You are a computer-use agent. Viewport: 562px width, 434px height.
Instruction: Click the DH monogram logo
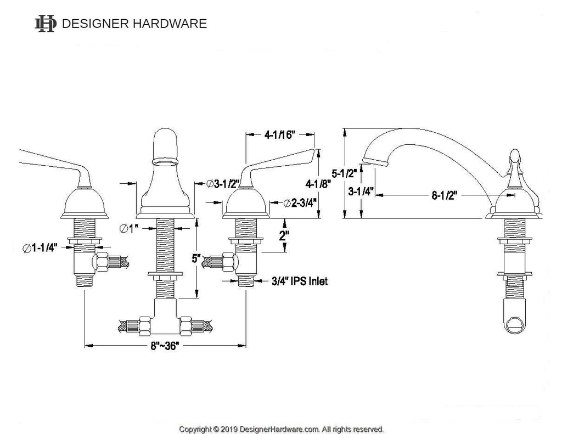[x=46, y=24]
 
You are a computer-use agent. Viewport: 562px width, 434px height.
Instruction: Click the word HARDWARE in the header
[x=170, y=24]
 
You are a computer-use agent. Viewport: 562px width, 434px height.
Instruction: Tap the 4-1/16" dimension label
[x=279, y=135]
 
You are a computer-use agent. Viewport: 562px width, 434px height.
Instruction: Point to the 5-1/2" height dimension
[x=344, y=173]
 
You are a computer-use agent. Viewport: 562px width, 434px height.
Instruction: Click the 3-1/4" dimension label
[x=361, y=191]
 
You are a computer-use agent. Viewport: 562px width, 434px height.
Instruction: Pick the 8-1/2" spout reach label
[x=445, y=195]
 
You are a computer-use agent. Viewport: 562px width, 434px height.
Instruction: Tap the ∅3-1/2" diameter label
[x=223, y=184]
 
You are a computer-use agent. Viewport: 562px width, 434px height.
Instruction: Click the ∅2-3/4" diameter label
[x=300, y=203]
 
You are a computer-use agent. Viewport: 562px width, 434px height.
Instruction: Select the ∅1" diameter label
[x=129, y=228]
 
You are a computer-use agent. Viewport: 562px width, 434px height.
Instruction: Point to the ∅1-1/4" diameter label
[x=40, y=247]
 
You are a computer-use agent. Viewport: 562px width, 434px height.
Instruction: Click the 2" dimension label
[x=284, y=235]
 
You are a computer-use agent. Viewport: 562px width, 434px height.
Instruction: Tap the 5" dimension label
[x=196, y=258]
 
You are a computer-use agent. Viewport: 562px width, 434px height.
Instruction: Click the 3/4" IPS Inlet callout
[x=300, y=281]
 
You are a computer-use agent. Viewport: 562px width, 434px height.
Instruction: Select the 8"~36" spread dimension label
[x=165, y=346]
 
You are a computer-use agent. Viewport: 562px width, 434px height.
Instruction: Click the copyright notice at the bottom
[x=282, y=429]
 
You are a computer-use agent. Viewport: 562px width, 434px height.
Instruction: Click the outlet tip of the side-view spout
[x=375, y=161]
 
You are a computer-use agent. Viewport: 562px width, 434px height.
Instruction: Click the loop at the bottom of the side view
[x=515, y=324]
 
